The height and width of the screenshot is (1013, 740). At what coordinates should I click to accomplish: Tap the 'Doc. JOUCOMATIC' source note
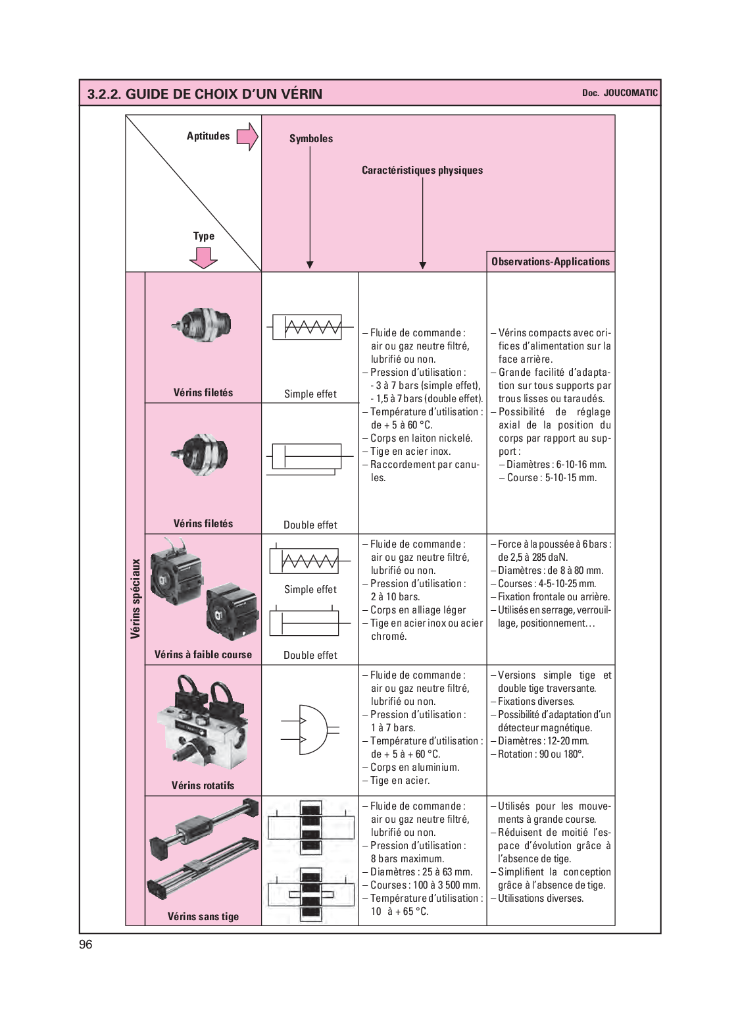pos(619,93)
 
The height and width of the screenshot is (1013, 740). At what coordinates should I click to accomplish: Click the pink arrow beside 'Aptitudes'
pos(247,137)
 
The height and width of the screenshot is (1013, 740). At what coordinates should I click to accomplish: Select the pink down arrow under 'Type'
pos(203,258)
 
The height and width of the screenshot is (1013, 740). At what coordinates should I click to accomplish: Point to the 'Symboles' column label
pos(311,139)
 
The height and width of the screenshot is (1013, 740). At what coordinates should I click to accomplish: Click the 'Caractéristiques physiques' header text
pos(422,170)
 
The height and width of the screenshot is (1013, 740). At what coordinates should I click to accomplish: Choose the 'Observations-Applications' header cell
pos(551,262)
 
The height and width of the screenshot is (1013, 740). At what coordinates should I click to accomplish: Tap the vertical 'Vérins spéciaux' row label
pos(136,598)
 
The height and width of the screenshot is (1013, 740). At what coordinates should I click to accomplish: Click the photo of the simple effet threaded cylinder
pos(203,325)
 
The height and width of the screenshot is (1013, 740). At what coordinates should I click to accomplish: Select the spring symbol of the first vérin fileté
pos(307,327)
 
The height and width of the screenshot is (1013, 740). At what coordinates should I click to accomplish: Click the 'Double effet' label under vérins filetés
pos(310,525)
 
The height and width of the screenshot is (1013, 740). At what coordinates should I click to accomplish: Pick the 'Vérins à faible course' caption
pos(203,655)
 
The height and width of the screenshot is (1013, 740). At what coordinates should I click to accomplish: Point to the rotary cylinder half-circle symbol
pos(310,729)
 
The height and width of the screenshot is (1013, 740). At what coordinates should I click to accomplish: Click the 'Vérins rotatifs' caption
pos(203,786)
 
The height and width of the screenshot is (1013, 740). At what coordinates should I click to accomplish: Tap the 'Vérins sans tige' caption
pos(203,917)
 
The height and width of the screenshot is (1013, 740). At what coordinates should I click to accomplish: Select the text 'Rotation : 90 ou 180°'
pos(540,754)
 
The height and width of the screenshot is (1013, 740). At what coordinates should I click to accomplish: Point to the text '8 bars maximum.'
pos(407,859)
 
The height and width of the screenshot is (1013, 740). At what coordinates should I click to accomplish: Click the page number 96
pos(86,945)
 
